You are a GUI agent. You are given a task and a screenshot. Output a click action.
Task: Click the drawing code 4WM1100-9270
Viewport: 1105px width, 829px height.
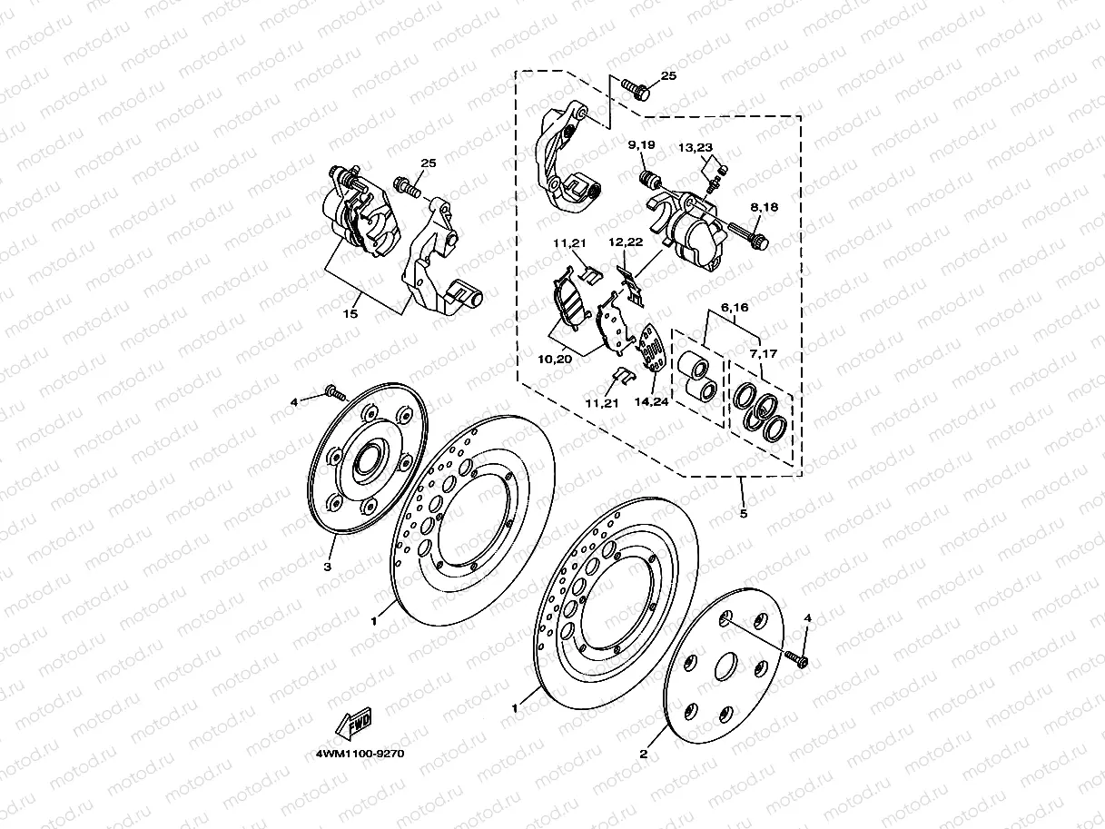pos(360,754)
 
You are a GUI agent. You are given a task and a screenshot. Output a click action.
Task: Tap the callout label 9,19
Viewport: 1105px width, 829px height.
pos(641,145)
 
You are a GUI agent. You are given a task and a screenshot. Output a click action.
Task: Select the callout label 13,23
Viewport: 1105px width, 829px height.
pos(696,147)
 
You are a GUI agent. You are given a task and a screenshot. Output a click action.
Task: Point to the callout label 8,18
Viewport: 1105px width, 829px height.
pos(765,207)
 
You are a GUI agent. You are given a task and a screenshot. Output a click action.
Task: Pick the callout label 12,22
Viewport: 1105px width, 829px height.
pos(626,242)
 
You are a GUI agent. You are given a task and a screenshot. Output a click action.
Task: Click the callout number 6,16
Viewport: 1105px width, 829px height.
pos(735,307)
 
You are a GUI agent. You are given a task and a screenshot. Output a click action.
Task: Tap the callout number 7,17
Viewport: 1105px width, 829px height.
pos(764,354)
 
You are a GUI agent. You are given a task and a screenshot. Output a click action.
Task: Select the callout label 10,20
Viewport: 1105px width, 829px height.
pos(555,360)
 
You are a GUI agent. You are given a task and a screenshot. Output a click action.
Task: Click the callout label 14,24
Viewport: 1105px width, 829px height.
pos(651,401)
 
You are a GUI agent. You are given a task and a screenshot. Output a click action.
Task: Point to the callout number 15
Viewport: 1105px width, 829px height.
pos(350,313)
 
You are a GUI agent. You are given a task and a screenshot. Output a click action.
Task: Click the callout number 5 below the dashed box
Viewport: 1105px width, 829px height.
pos(744,514)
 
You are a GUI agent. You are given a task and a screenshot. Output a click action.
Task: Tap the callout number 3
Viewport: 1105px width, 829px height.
pos(327,567)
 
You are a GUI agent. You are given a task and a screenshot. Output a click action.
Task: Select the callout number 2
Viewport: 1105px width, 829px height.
pos(644,755)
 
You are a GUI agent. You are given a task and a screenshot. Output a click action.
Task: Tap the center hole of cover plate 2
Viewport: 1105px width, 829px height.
pos(726,666)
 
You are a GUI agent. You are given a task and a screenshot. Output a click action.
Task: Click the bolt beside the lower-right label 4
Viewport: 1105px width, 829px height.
pos(796,658)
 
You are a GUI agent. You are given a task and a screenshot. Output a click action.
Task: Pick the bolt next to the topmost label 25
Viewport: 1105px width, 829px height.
pos(636,89)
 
